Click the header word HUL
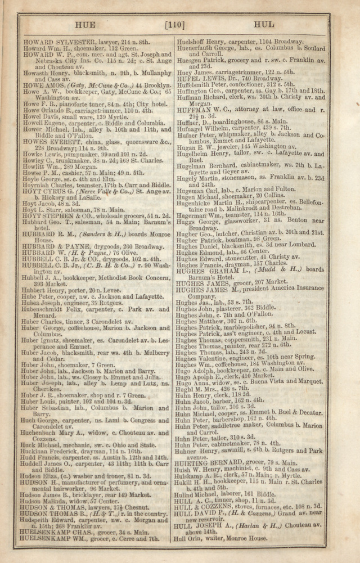263,25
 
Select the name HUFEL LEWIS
202,78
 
